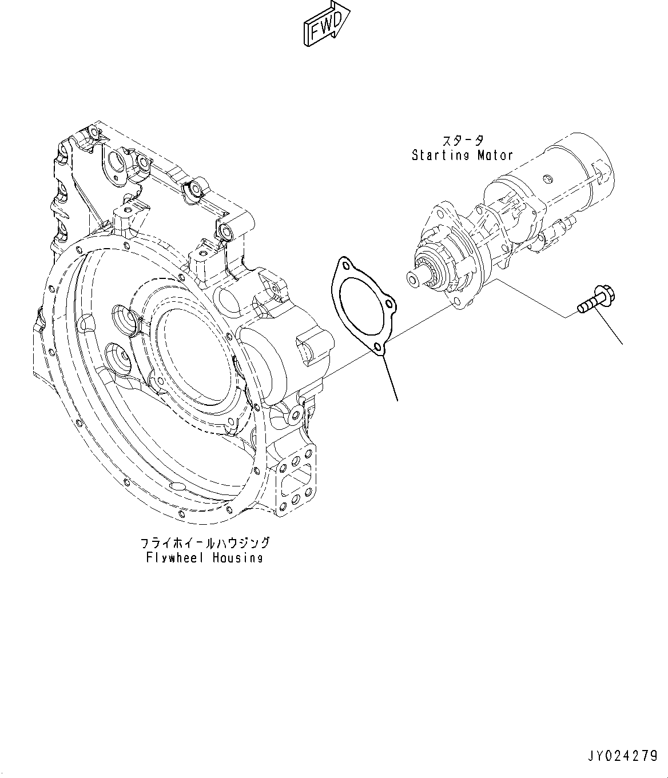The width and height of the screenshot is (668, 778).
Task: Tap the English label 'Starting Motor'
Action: tap(462, 155)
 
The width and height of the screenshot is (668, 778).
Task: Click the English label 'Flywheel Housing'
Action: tap(204, 557)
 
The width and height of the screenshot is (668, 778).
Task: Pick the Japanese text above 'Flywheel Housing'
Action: tap(204, 542)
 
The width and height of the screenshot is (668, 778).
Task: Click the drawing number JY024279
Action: tap(623, 756)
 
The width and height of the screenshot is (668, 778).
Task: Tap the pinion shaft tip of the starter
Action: tap(412, 278)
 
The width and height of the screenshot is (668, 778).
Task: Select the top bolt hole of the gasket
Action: tap(345, 264)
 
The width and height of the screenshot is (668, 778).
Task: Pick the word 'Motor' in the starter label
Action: tap(495, 155)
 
